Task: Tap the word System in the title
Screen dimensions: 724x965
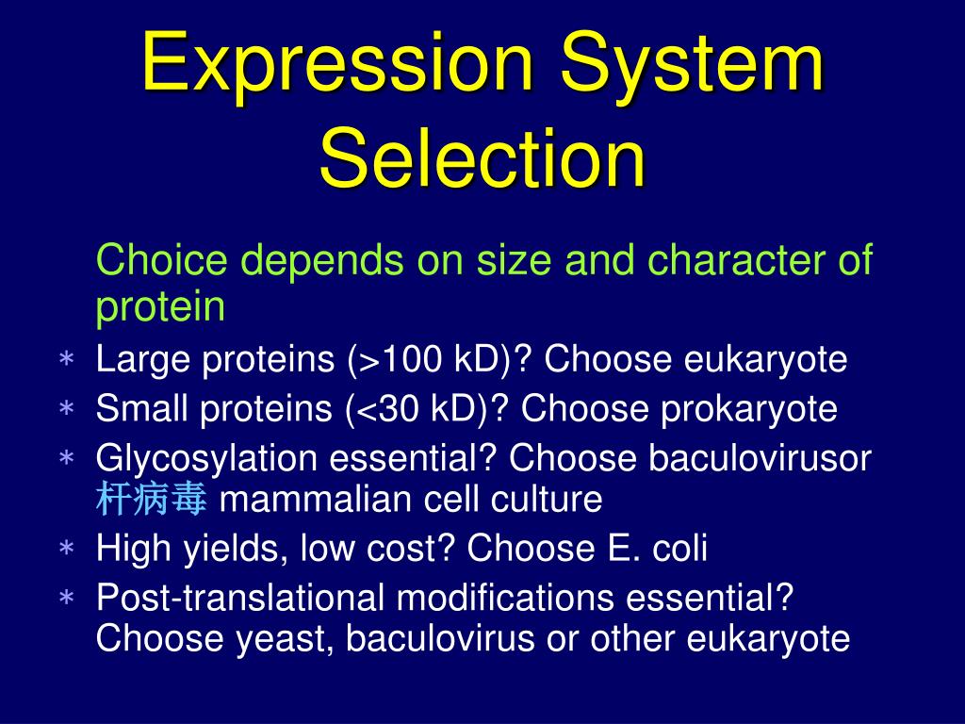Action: click(695, 63)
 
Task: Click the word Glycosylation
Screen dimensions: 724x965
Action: click(206, 459)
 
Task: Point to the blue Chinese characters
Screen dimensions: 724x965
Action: click(151, 501)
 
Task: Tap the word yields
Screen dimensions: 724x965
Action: click(230, 549)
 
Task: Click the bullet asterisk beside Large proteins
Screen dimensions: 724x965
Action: click(67, 360)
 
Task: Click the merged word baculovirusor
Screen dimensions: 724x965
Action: click(760, 459)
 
